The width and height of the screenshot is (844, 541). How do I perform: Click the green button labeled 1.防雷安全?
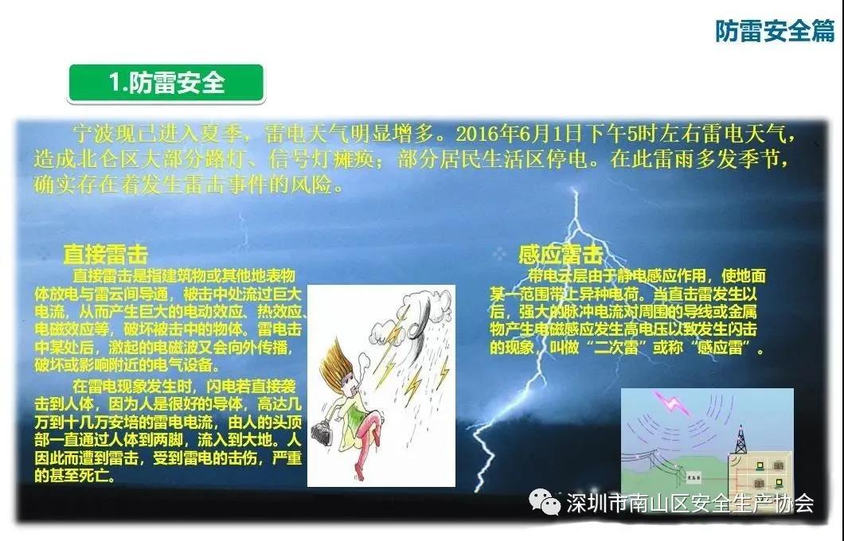pos(166,83)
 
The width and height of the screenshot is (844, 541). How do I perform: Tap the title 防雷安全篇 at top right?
pos(775,31)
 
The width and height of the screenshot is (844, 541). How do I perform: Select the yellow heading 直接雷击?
pos(105,255)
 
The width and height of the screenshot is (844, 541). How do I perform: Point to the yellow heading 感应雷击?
pos(561,255)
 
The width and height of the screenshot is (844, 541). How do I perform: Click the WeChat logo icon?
pos(545,502)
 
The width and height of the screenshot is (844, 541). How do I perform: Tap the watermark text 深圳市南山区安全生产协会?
pos(690,503)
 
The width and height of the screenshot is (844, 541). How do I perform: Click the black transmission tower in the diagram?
pos(740,440)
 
